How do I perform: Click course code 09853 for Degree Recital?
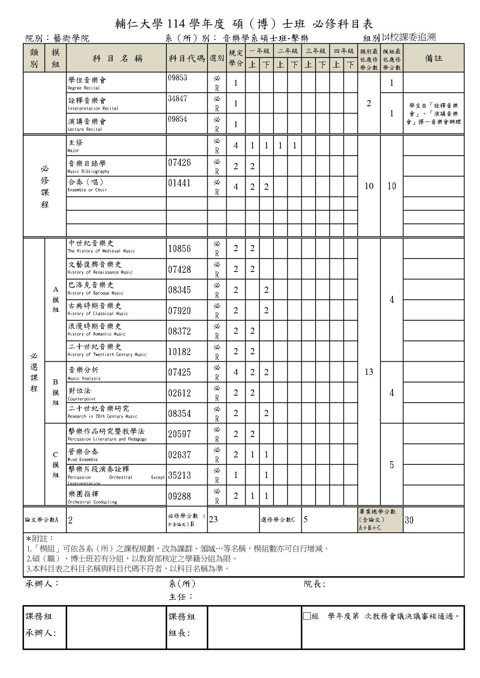coord(178,78)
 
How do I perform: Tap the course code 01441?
coord(179,183)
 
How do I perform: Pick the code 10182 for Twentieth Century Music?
coord(179,352)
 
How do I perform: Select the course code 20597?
coord(179,434)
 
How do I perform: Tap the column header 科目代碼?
coord(186,59)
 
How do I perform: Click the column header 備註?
coord(433,58)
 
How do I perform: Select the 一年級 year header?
coord(259,51)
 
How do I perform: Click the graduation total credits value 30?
coord(409,520)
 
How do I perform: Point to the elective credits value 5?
coord(306,520)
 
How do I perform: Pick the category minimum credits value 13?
coord(369,372)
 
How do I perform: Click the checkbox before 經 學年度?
coord(307,616)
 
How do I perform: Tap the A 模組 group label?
coord(56,299)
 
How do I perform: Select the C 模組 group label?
coord(56,465)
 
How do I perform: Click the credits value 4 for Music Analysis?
coord(236,372)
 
